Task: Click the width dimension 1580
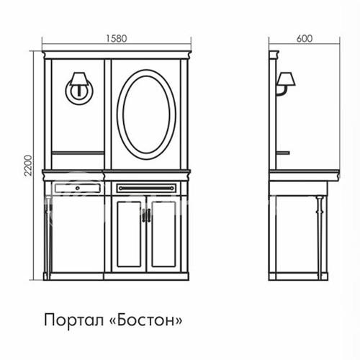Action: [117, 39]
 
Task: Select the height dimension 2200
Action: [28, 166]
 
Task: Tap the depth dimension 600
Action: [305, 39]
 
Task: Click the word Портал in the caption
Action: [74, 320]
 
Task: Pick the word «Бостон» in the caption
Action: [145, 320]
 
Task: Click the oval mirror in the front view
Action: [146, 114]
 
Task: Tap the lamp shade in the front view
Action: [79, 78]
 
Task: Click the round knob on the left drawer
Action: [78, 189]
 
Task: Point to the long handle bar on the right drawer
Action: [146, 189]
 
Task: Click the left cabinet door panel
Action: [129, 234]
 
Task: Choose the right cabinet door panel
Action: [164, 234]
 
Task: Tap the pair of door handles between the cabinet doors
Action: [146, 215]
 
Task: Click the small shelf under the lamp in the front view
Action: [78, 153]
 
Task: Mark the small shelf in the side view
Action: [283, 153]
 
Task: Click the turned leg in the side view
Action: [320, 238]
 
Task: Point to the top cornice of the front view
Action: [117, 55]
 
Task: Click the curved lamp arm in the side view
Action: [282, 91]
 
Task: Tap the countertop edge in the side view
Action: [305, 175]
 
